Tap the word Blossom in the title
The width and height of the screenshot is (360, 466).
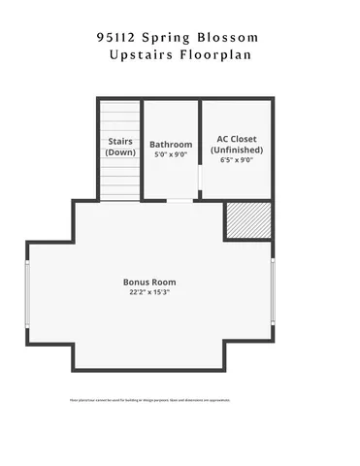pos(230,37)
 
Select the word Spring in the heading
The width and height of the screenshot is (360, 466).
pos(171,37)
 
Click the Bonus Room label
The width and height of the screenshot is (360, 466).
pos(149,282)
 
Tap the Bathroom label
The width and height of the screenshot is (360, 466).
pos(171,144)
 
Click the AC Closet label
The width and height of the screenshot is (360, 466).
pos(236,139)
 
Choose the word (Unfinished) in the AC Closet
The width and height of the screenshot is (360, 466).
pos(236,150)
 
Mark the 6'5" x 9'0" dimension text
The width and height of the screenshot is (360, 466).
pos(236,160)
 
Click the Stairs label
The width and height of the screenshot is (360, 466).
pos(120,142)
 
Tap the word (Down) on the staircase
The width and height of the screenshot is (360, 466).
pos(120,152)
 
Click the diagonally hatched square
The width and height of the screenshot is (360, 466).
pos(248,220)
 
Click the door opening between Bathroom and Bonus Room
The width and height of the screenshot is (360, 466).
pos(180,200)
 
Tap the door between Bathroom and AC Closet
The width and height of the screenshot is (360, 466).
pos(199,180)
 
